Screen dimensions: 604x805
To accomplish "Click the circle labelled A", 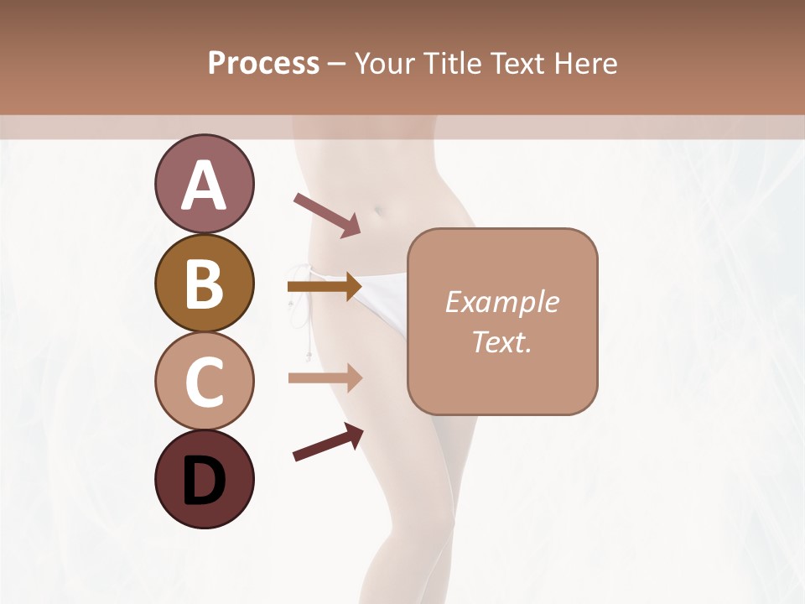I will pyautogui.click(x=205, y=185).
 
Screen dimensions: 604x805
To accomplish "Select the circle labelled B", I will pyautogui.click(x=205, y=284).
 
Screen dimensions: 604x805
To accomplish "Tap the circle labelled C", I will pyautogui.click(x=205, y=381).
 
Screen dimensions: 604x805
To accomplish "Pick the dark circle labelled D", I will pyautogui.click(x=205, y=479).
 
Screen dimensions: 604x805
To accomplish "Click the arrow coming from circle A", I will pyautogui.click(x=327, y=214).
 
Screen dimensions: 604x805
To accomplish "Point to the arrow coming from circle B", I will pyautogui.click(x=325, y=287).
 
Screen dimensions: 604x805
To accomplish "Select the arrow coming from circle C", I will pyautogui.click(x=325, y=377).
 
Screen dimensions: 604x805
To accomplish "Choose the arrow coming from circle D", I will pyautogui.click(x=328, y=442).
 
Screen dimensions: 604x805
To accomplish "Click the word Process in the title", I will pyautogui.click(x=263, y=64).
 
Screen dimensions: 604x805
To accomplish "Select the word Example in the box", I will pyautogui.click(x=501, y=302).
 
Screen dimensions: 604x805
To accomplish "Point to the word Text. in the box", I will pyautogui.click(x=501, y=341).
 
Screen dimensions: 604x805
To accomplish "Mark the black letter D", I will pyautogui.click(x=205, y=481).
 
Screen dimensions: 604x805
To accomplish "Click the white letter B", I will pyautogui.click(x=205, y=284).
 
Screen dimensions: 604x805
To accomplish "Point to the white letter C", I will pyautogui.click(x=205, y=382).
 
